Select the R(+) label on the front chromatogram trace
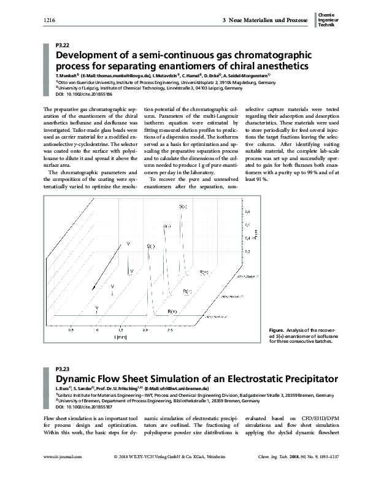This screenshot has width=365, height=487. point(172,312)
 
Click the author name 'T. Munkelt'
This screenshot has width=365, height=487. point(67,74)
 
